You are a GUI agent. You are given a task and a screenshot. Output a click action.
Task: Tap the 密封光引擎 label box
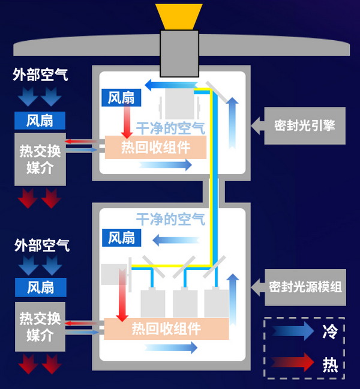[x=304, y=126]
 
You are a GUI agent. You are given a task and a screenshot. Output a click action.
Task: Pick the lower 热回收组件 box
[x=166, y=329]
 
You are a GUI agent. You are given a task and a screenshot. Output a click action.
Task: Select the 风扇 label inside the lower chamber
[x=122, y=237]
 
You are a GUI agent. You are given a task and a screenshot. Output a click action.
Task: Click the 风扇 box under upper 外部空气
[x=40, y=120]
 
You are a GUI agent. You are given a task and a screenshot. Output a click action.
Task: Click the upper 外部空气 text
[x=40, y=75]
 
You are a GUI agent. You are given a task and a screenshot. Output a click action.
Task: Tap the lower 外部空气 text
[x=41, y=245]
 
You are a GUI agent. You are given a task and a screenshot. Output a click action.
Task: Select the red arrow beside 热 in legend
[x=292, y=363]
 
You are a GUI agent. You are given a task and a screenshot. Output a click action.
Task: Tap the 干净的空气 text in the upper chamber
[x=170, y=128]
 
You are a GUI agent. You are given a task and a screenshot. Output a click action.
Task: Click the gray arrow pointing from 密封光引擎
[x=257, y=126]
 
